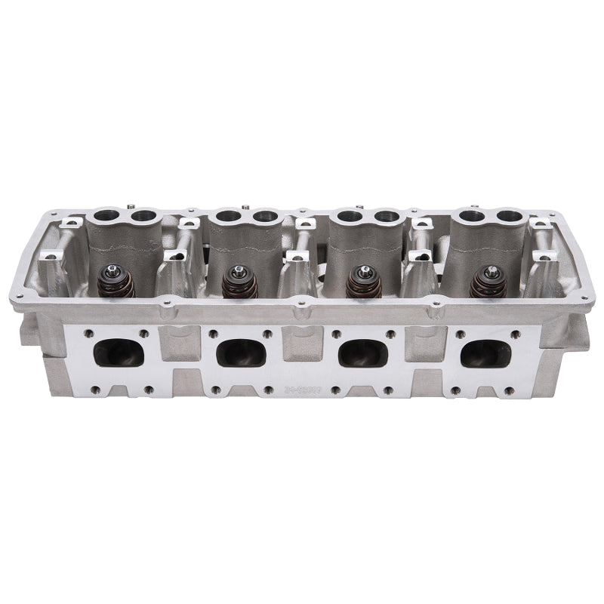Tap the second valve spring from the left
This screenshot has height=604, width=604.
coord(239,283)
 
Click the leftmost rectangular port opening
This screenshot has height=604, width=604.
coord(119,353)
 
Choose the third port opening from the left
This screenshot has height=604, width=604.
coord(363,353)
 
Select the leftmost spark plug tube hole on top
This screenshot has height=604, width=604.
coord(101,217)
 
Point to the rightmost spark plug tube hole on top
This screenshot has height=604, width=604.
coord(510,217)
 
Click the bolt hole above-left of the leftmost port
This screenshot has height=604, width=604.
coord(89,333)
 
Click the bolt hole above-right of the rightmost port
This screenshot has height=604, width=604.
coord(515,333)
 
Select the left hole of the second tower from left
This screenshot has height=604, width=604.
coord(224,217)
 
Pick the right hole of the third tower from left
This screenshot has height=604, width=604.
coord(387,217)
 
